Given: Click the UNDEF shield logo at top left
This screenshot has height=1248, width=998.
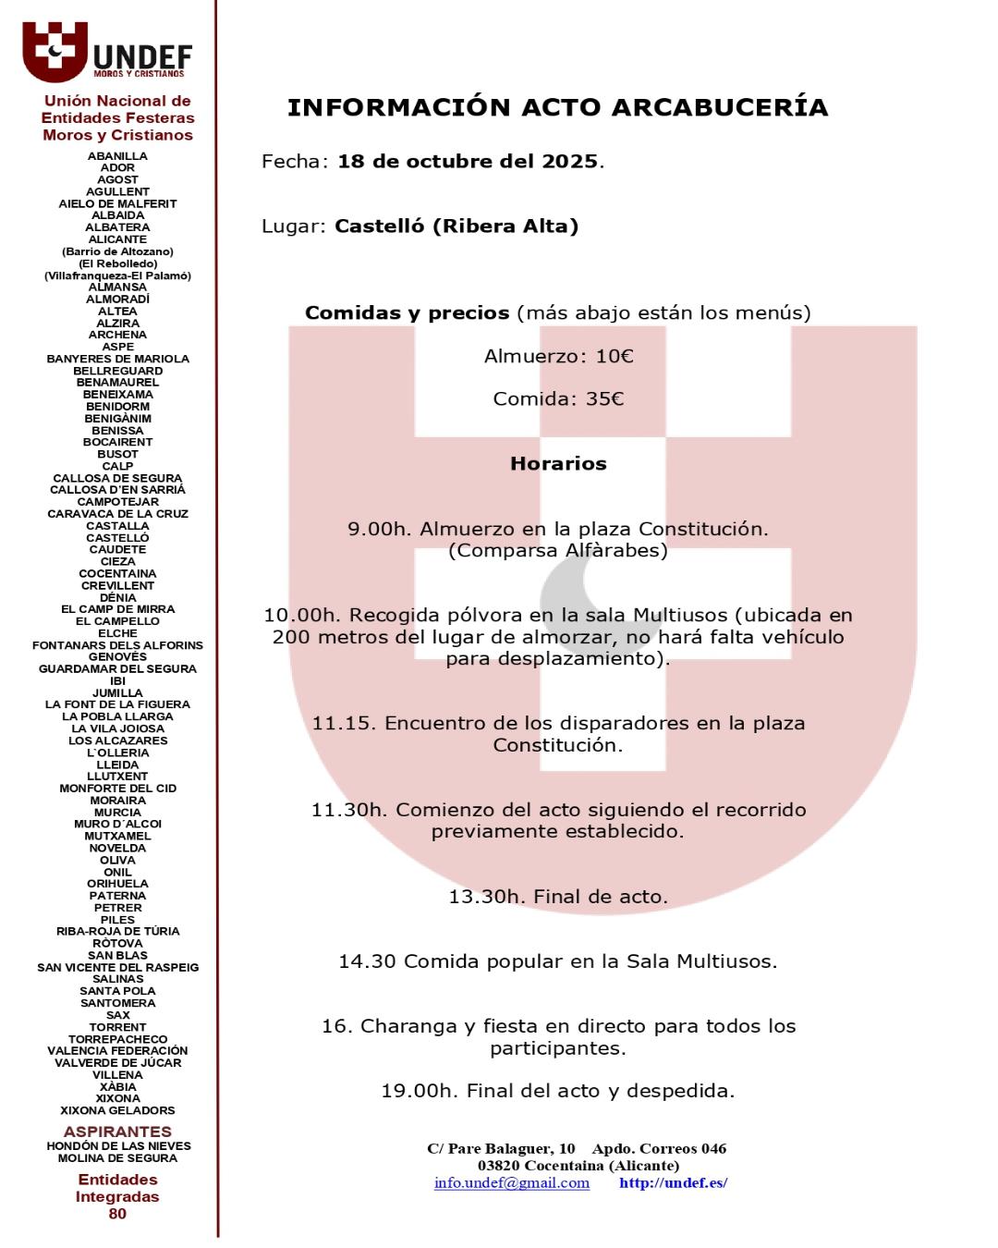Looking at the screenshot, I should pyautogui.click(x=55, y=51).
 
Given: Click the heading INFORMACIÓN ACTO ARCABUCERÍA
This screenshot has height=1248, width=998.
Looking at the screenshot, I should pyautogui.click(x=557, y=108).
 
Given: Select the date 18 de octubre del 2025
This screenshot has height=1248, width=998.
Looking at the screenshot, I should pyautogui.click(x=468, y=162).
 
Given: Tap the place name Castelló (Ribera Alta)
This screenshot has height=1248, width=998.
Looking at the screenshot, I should pyautogui.click(x=456, y=226).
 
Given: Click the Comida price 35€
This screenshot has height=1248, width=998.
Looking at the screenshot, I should pyautogui.click(x=604, y=399).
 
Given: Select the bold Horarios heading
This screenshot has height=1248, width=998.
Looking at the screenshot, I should pyautogui.click(x=558, y=464).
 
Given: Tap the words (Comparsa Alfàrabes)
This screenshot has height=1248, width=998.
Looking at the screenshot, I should pyautogui.click(x=557, y=551).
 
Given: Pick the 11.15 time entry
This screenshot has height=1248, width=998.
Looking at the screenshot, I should pyautogui.click(x=344, y=723).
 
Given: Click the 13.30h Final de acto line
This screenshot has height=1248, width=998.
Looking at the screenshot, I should pyautogui.click(x=558, y=897).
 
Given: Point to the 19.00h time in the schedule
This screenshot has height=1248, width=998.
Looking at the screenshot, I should pyautogui.click(x=420, y=1091).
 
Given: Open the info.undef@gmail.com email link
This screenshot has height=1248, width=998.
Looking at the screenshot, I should pyautogui.click(x=512, y=1183).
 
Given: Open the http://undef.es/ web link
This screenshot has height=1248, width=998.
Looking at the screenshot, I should pyautogui.click(x=674, y=1183).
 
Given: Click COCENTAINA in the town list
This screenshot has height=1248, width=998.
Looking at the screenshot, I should pyautogui.click(x=117, y=574).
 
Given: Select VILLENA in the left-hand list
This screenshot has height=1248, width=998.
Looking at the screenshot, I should pyautogui.click(x=117, y=1075).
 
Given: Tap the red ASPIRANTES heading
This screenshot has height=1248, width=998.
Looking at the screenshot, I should pyautogui.click(x=117, y=1132).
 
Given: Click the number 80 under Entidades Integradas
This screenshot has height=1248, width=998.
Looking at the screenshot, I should pyautogui.click(x=117, y=1214).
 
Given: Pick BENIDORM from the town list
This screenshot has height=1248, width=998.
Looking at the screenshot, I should pyautogui.click(x=117, y=407).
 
